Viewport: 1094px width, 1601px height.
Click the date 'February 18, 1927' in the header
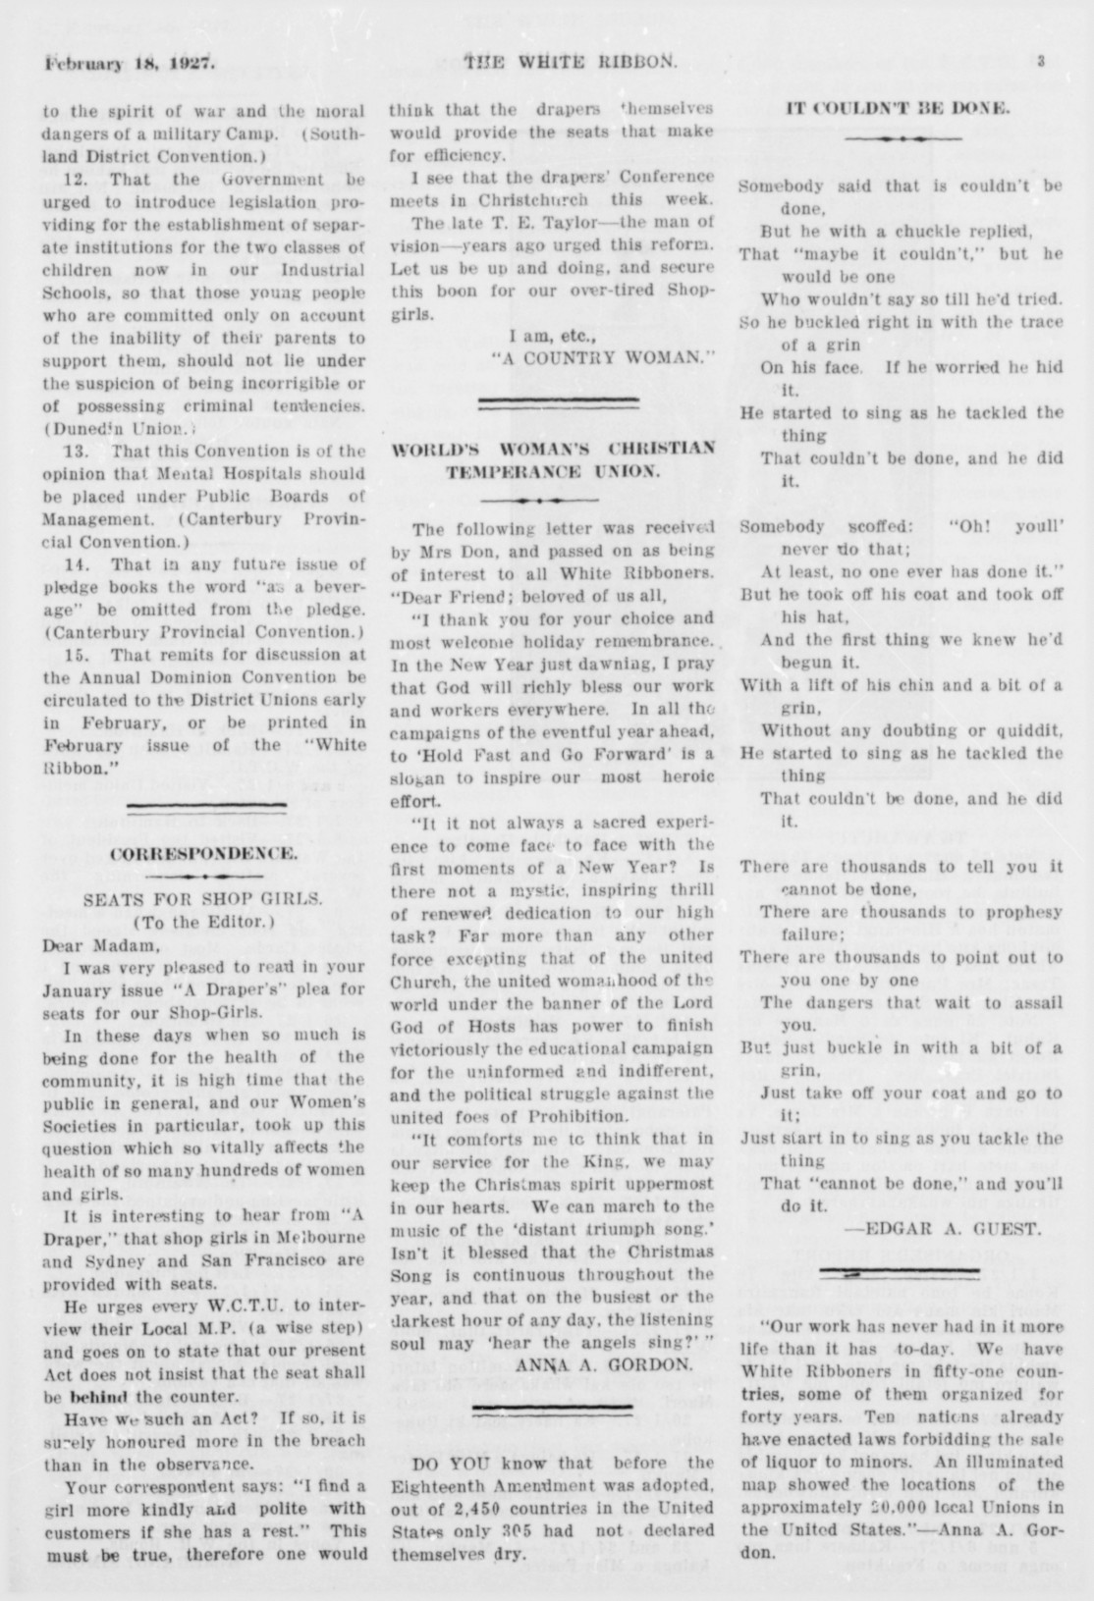click(x=128, y=66)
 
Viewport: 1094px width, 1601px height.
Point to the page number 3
click(x=1040, y=61)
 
